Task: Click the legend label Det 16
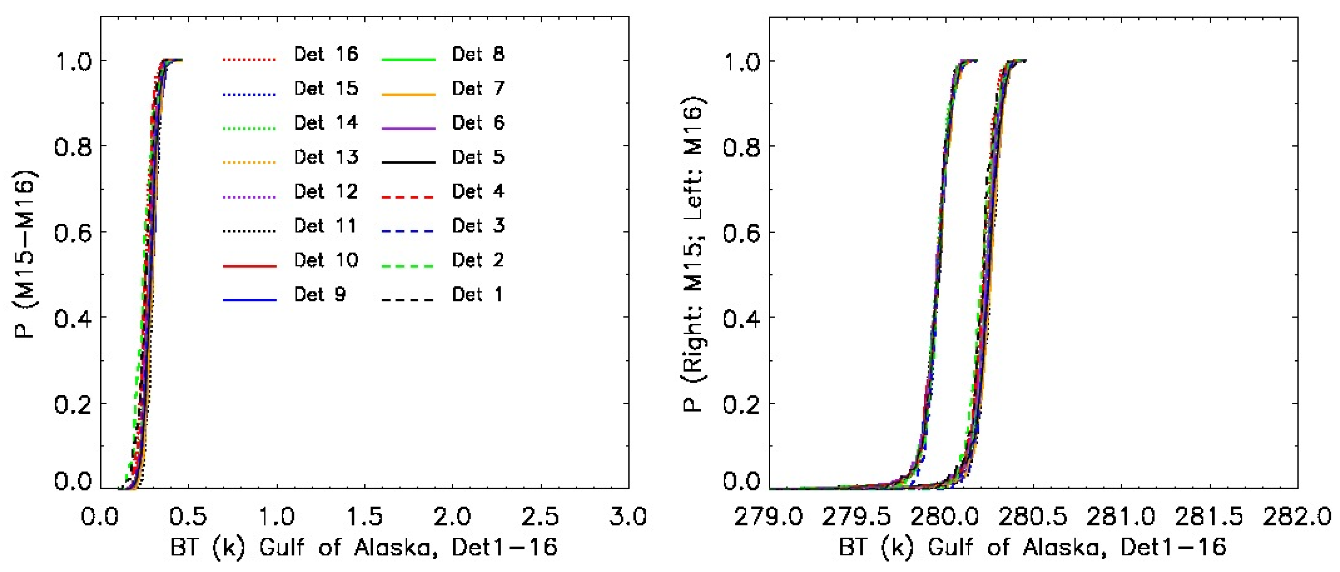point(326,54)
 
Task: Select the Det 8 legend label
point(478,54)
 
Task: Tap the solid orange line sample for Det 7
point(408,95)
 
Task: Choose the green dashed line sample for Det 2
point(408,266)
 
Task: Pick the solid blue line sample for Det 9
point(250,300)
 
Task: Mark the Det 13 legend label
point(326,157)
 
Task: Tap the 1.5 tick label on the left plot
point(364,517)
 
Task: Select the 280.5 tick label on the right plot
point(1032,517)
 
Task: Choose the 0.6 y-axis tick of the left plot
point(73,232)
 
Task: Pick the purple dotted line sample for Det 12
point(250,197)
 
